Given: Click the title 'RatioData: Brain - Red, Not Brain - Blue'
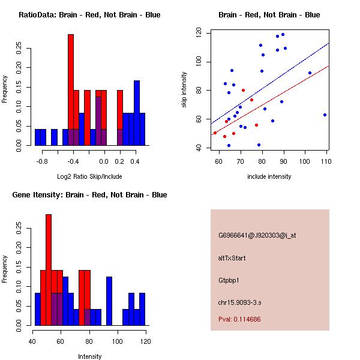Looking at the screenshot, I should tap(89, 15).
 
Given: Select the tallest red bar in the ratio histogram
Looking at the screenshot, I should tap(71, 90).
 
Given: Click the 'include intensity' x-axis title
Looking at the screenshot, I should tap(269, 176).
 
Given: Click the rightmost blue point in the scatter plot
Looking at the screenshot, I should tap(325, 115).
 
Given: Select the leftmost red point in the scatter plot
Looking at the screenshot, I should tap(215, 133).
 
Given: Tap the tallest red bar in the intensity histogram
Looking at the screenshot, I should tap(49, 269).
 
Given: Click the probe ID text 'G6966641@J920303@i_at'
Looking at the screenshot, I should tap(257, 235).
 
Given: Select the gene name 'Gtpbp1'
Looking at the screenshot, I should tap(230, 280).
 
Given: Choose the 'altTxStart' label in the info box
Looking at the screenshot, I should tap(232, 258).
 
